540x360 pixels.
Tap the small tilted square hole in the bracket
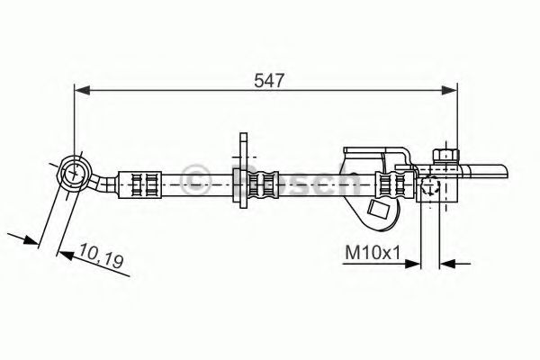[x=381, y=212]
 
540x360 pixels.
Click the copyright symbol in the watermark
[x=193, y=176]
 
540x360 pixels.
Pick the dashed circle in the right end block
[x=430, y=188]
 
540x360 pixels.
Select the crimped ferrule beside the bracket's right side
[x=391, y=186]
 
